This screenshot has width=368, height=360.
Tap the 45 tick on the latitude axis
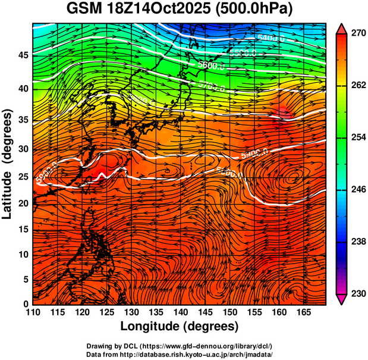(x=23, y=55)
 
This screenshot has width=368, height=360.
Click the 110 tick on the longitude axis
(x=33, y=312)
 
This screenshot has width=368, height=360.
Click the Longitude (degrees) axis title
(x=180, y=326)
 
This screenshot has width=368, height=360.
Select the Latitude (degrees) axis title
(x=8, y=164)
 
